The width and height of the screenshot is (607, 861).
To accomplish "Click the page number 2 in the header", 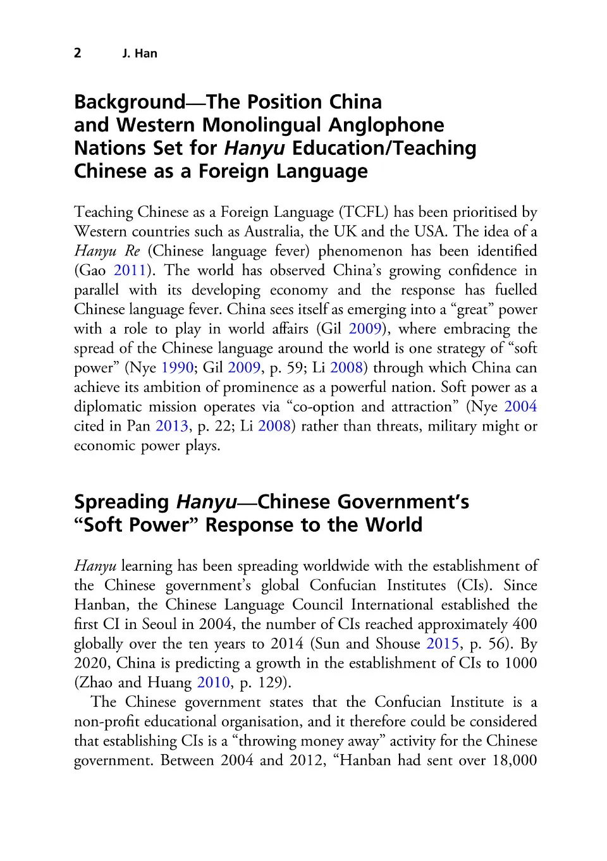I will pos(78,53).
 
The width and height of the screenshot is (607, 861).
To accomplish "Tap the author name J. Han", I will pos(140,54).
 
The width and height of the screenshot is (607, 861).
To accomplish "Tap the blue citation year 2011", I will pos(130,271).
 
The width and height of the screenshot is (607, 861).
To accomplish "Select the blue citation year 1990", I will pos(177,368).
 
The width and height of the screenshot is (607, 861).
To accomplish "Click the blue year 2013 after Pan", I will pos(172,426).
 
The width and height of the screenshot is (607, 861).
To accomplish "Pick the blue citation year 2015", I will pos(443,644).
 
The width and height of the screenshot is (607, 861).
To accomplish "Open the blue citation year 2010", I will pos(213,683).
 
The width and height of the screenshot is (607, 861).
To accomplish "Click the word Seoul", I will pos(159,625).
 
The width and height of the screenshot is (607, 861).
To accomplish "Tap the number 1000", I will pos(520,663).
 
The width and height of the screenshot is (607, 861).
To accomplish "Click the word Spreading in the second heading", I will pos(121,502).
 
